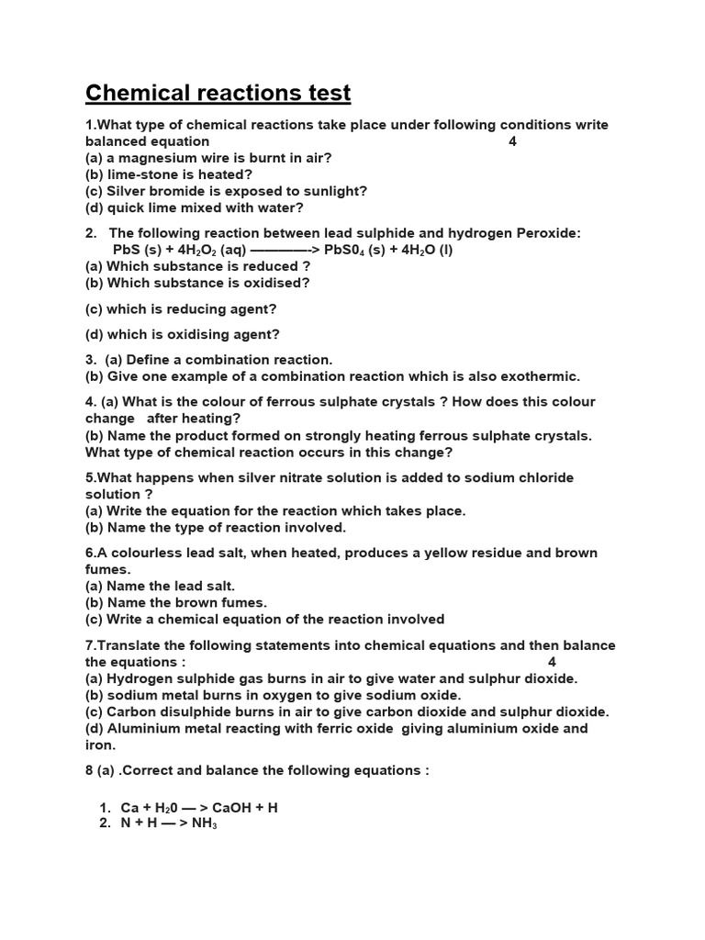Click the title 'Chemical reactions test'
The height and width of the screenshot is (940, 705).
pos(218,93)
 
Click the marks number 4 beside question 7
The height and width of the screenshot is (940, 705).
pos(552,662)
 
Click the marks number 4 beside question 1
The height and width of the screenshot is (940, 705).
pos(512,141)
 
